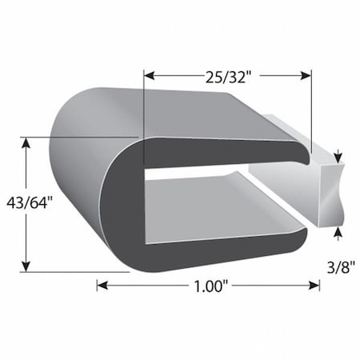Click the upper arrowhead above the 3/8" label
click(338, 156)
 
